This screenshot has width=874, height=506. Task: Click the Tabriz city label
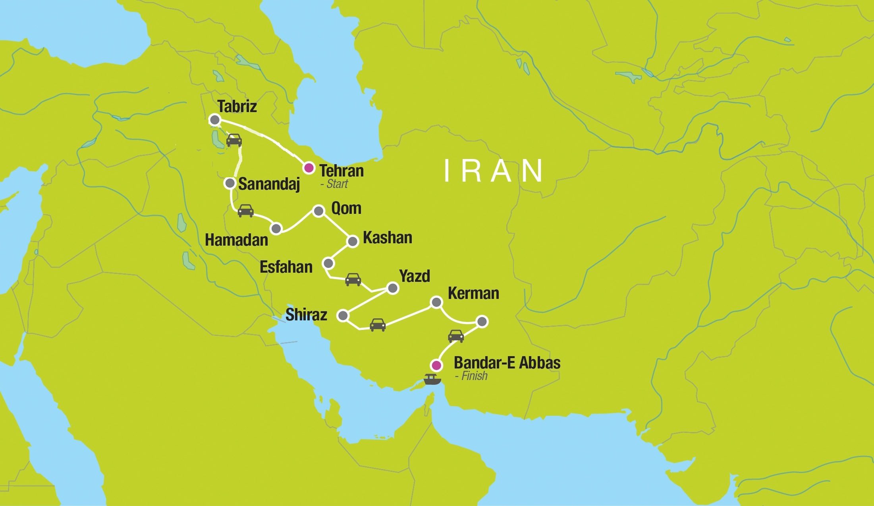237,107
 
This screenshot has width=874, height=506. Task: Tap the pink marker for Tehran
309,168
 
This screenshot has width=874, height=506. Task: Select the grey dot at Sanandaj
230,183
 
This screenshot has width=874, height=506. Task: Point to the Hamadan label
236,240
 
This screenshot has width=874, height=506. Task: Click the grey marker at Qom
318,211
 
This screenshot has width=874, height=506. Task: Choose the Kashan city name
387,238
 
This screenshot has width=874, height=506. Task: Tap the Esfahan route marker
328,263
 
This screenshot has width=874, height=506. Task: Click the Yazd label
415,276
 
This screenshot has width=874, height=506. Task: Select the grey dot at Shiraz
343,316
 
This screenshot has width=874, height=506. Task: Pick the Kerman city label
473,293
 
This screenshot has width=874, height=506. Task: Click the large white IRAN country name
493,171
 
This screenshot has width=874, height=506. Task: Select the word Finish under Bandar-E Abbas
474,376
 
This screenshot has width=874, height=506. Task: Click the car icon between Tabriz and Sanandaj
234,140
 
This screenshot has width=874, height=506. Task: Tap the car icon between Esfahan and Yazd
353,279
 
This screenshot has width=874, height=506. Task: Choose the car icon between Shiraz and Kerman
377,325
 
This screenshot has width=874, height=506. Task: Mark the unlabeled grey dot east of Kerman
482,322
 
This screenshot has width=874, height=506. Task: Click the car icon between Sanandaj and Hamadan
245,211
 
